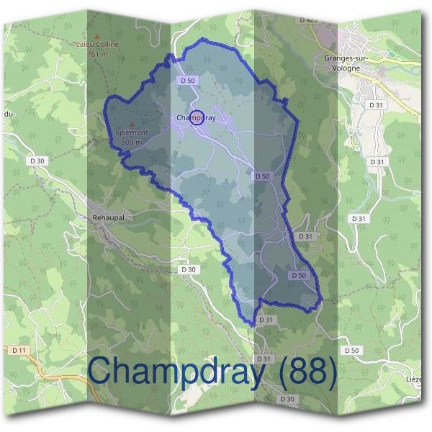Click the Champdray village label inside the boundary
pyautogui.click(x=196, y=117)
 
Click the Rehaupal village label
pyautogui.click(x=109, y=217)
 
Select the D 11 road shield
pyautogui.click(x=19, y=350)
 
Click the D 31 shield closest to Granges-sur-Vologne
pyautogui.click(x=376, y=104)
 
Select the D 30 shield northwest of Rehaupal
pyautogui.click(x=38, y=160)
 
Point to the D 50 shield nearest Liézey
pyautogui.click(x=351, y=350)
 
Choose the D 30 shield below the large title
pyautogui.click(x=287, y=399)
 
